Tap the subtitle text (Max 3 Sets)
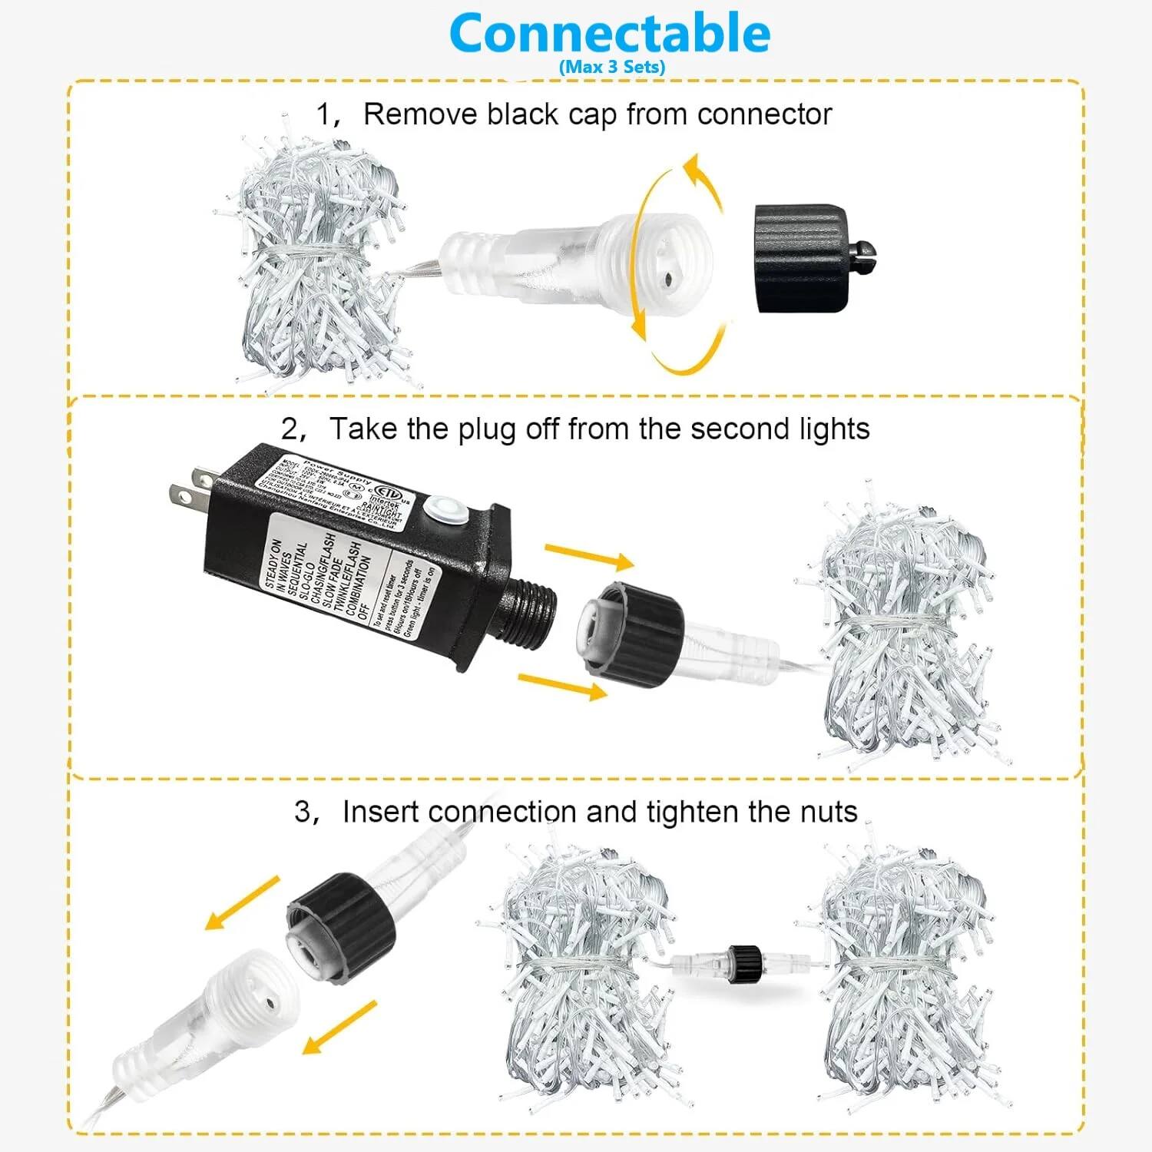(x=612, y=67)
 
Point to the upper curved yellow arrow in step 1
(x=703, y=180)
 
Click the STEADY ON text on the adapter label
(x=273, y=564)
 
